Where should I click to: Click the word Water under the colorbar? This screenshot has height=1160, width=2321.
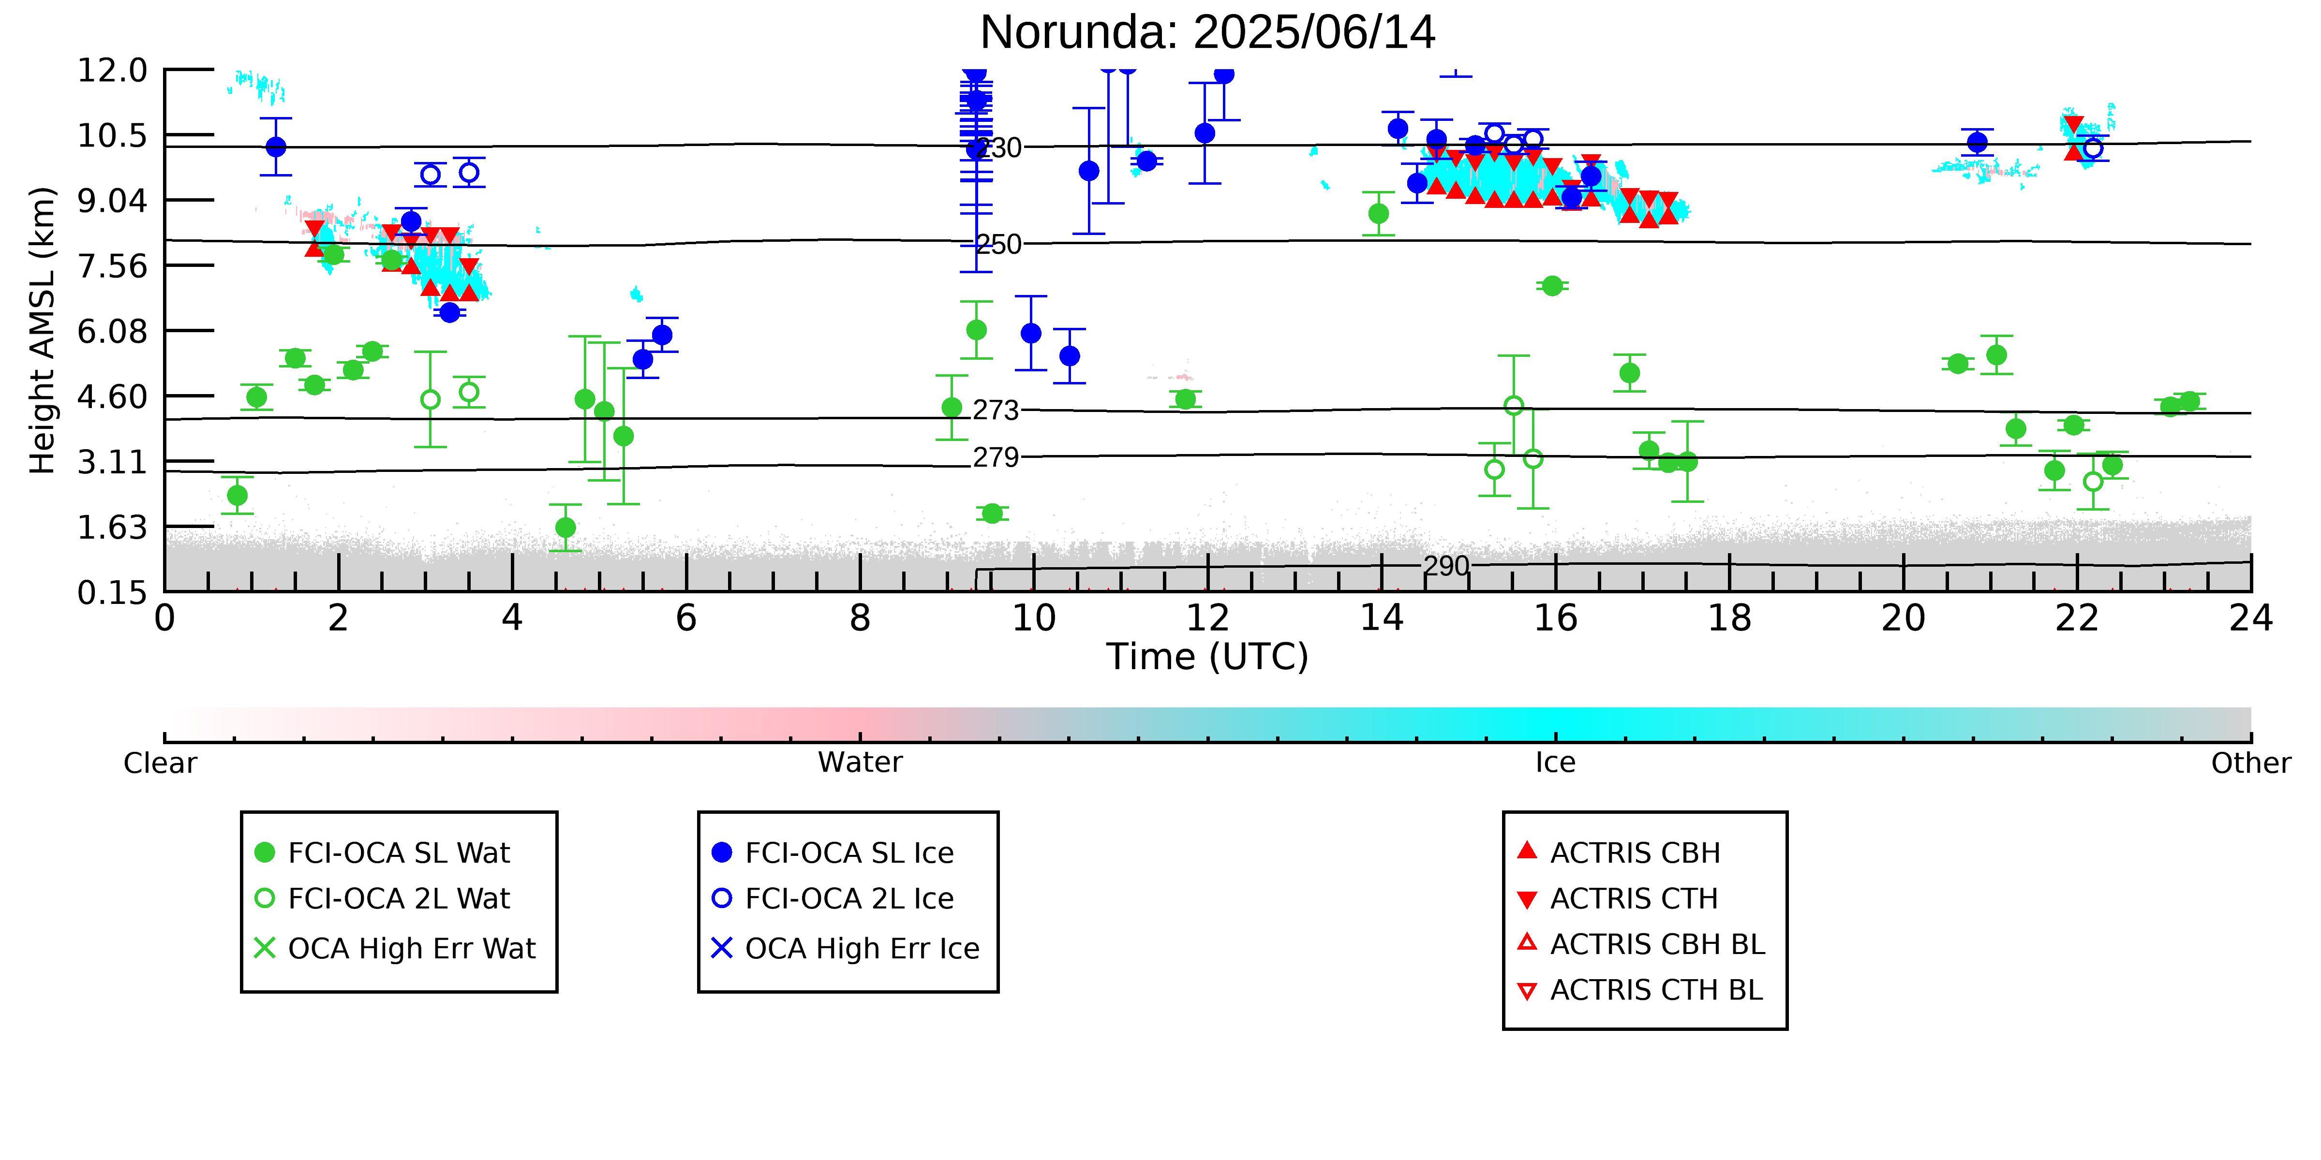coord(860,763)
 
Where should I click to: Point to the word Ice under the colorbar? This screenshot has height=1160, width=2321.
coord(1555,763)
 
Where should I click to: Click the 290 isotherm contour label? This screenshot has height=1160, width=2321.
coord(1446,567)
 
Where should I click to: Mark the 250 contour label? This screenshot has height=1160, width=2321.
coord(998,244)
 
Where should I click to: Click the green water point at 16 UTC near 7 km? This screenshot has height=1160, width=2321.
coord(1551,285)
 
